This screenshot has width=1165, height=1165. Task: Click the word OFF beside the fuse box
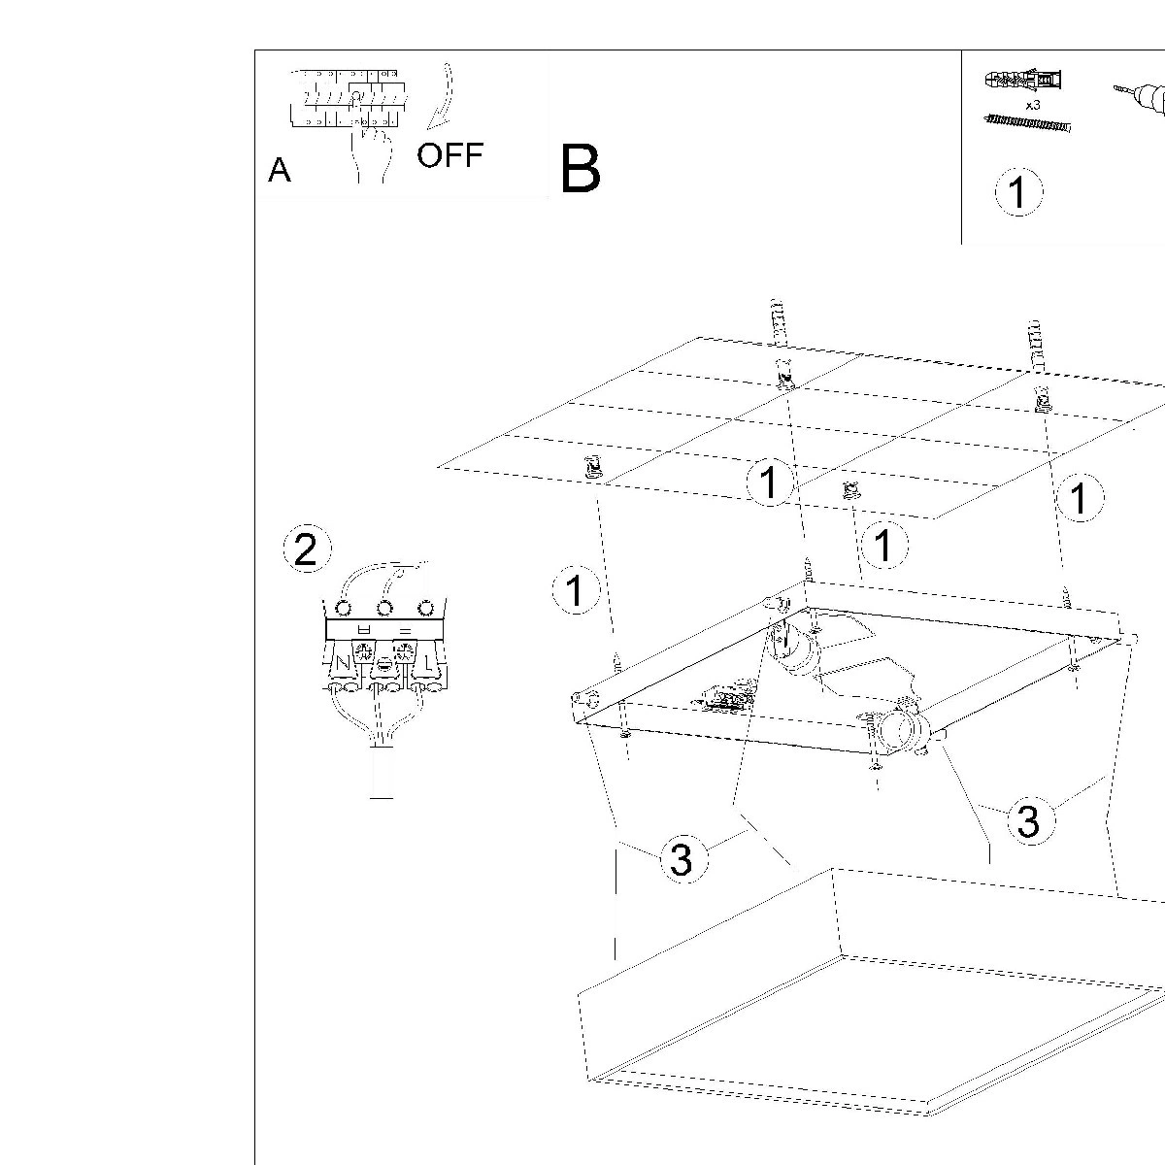(x=449, y=155)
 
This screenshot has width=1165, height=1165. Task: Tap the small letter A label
(x=280, y=171)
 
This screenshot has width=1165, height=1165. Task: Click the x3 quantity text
(x=1033, y=104)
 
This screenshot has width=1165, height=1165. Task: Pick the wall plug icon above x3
(x=1024, y=80)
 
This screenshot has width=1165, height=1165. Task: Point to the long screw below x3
(x=1027, y=122)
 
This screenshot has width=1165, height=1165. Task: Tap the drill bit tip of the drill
(x=1116, y=90)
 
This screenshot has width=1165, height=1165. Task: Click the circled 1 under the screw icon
(x=1018, y=191)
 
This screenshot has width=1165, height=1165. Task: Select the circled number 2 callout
(x=306, y=550)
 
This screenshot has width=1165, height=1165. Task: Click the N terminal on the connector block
(x=342, y=665)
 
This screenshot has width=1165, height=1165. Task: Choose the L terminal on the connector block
(x=426, y=665)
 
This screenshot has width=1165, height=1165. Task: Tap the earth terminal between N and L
(x=384, y=666)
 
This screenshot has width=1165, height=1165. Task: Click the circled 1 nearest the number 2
(x=576, y=590)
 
